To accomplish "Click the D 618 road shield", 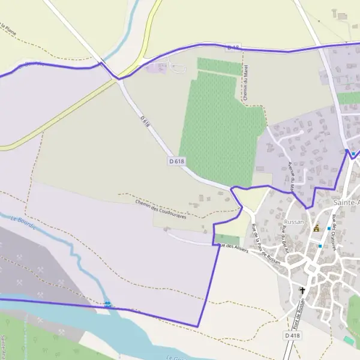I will (x=176, y=161).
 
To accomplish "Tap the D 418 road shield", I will (x=292, y=335).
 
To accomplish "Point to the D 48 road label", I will (x=233, y=47).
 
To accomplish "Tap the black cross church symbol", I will (x=302, y=291).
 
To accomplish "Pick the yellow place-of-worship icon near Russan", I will (x=316, y=228).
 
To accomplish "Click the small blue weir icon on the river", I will (x=107, y=304).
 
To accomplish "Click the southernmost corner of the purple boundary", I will (x=197, y=326).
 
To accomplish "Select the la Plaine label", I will (x=7, y=29).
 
